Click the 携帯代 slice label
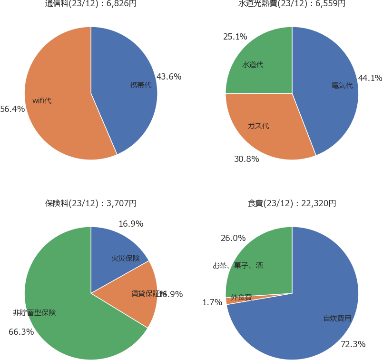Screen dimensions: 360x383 pos(141,85)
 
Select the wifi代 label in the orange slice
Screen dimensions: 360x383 pos(42,100)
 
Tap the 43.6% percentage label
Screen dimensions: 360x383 pos(169,76)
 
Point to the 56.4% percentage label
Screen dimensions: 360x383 pos(12,109)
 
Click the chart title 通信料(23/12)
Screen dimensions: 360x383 pos(91,4)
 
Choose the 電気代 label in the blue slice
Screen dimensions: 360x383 pos(342,86)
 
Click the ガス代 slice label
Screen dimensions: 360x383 pos(258,126)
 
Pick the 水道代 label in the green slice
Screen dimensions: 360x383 pos(253,64)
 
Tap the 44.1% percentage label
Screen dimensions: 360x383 pos(370,78)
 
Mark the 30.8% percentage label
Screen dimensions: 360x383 pos(246,159)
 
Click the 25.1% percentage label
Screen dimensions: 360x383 pos(235,37)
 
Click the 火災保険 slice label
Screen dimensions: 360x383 pos(126,259)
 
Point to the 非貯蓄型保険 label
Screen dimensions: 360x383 pos(34,313)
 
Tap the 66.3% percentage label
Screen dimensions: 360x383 pos(21,332)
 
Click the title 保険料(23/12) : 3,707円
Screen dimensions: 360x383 pos(91,203)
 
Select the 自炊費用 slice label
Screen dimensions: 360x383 pos(337,319)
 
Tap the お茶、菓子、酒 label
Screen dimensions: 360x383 pos(238,266)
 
